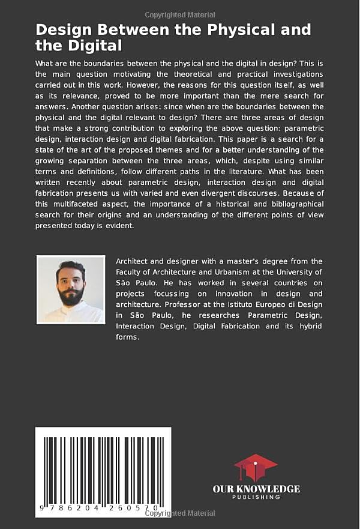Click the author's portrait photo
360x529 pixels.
(x=71, y=289)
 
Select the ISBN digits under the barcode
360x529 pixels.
(x=102, y=507)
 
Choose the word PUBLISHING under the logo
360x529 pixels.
(x=256, y=497)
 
